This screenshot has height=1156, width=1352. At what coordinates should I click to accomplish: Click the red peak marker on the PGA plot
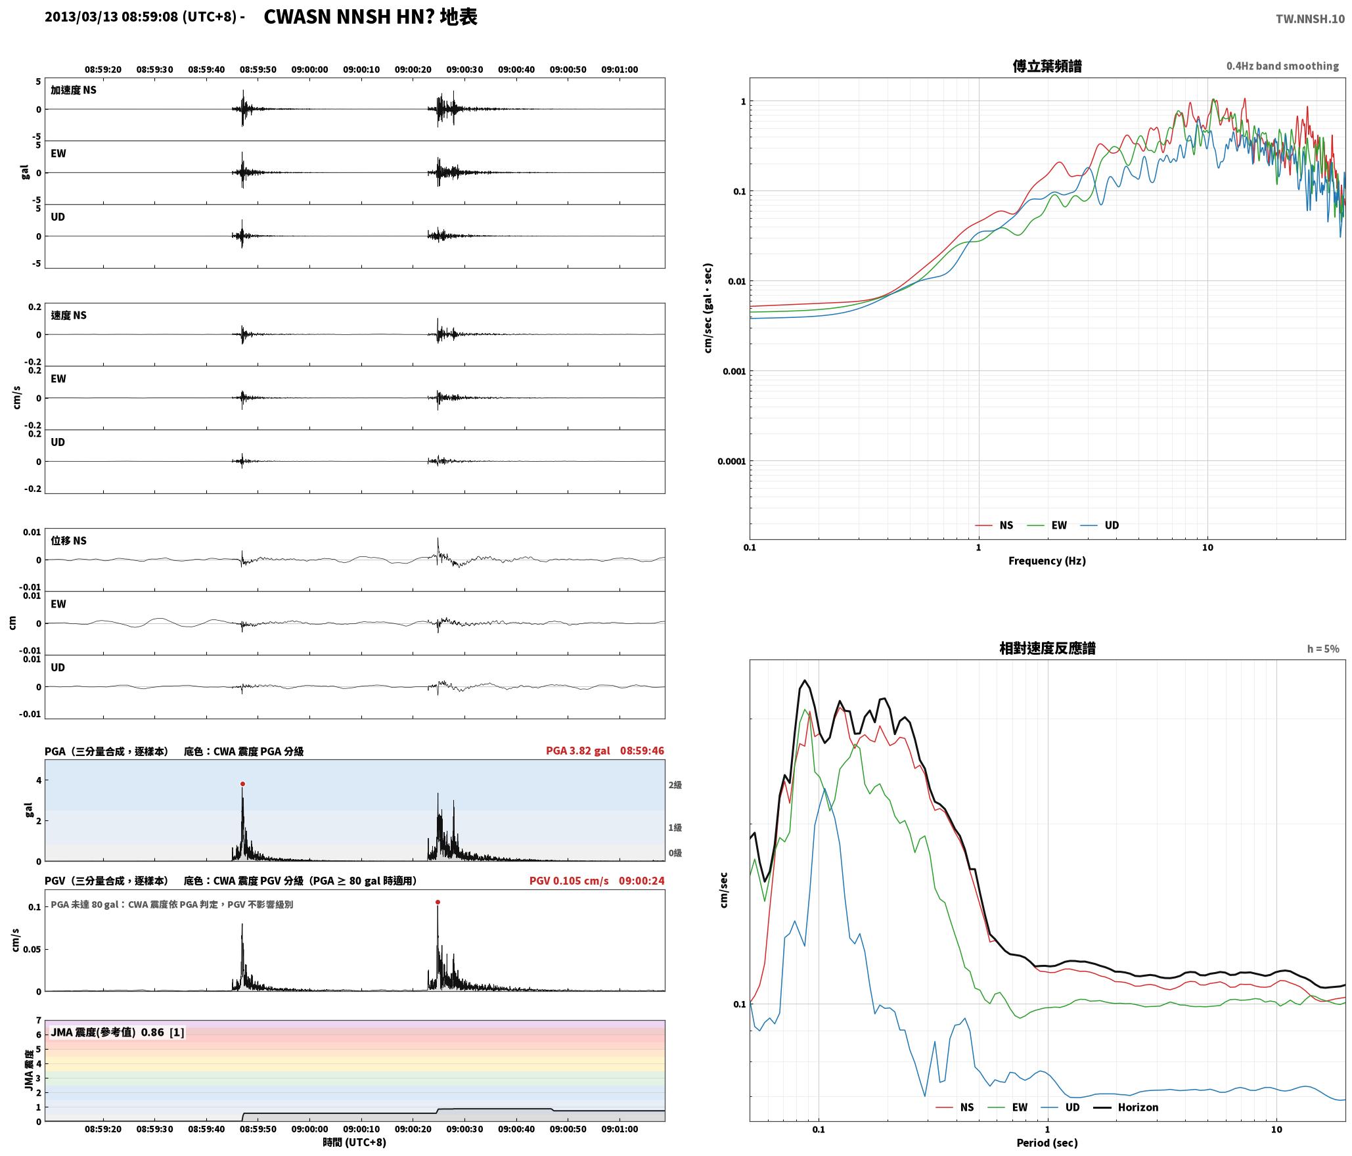242,784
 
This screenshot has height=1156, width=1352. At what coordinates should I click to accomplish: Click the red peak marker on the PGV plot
438,902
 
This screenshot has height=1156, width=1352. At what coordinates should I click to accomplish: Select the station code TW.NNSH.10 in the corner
1310,19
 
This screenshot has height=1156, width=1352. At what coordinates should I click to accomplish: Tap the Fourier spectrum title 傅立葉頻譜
1047,66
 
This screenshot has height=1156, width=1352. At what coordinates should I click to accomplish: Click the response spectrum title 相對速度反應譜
1047,648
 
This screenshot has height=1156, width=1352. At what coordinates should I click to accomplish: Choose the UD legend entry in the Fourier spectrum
1100,525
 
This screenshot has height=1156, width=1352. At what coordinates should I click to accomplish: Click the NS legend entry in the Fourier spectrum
994,525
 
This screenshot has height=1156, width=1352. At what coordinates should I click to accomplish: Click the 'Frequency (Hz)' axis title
1047,560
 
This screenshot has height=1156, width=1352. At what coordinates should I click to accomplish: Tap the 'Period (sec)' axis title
1047,1142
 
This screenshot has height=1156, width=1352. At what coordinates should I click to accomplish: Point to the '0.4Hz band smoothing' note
1282,66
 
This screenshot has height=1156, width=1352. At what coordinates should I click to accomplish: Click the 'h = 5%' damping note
1323,649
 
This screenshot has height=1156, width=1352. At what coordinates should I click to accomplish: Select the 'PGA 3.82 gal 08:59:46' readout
605,750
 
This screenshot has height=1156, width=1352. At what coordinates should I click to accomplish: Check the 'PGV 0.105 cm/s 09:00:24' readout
597,880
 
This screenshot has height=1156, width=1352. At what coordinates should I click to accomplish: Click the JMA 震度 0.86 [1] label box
118,1032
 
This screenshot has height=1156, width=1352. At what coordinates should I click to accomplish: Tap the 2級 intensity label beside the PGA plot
675,785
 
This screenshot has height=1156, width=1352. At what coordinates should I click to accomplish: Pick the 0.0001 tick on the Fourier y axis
732,461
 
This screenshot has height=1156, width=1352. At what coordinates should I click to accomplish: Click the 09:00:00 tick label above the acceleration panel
309,69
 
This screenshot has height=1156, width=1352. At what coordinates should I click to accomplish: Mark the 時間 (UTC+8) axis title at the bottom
354,1142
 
